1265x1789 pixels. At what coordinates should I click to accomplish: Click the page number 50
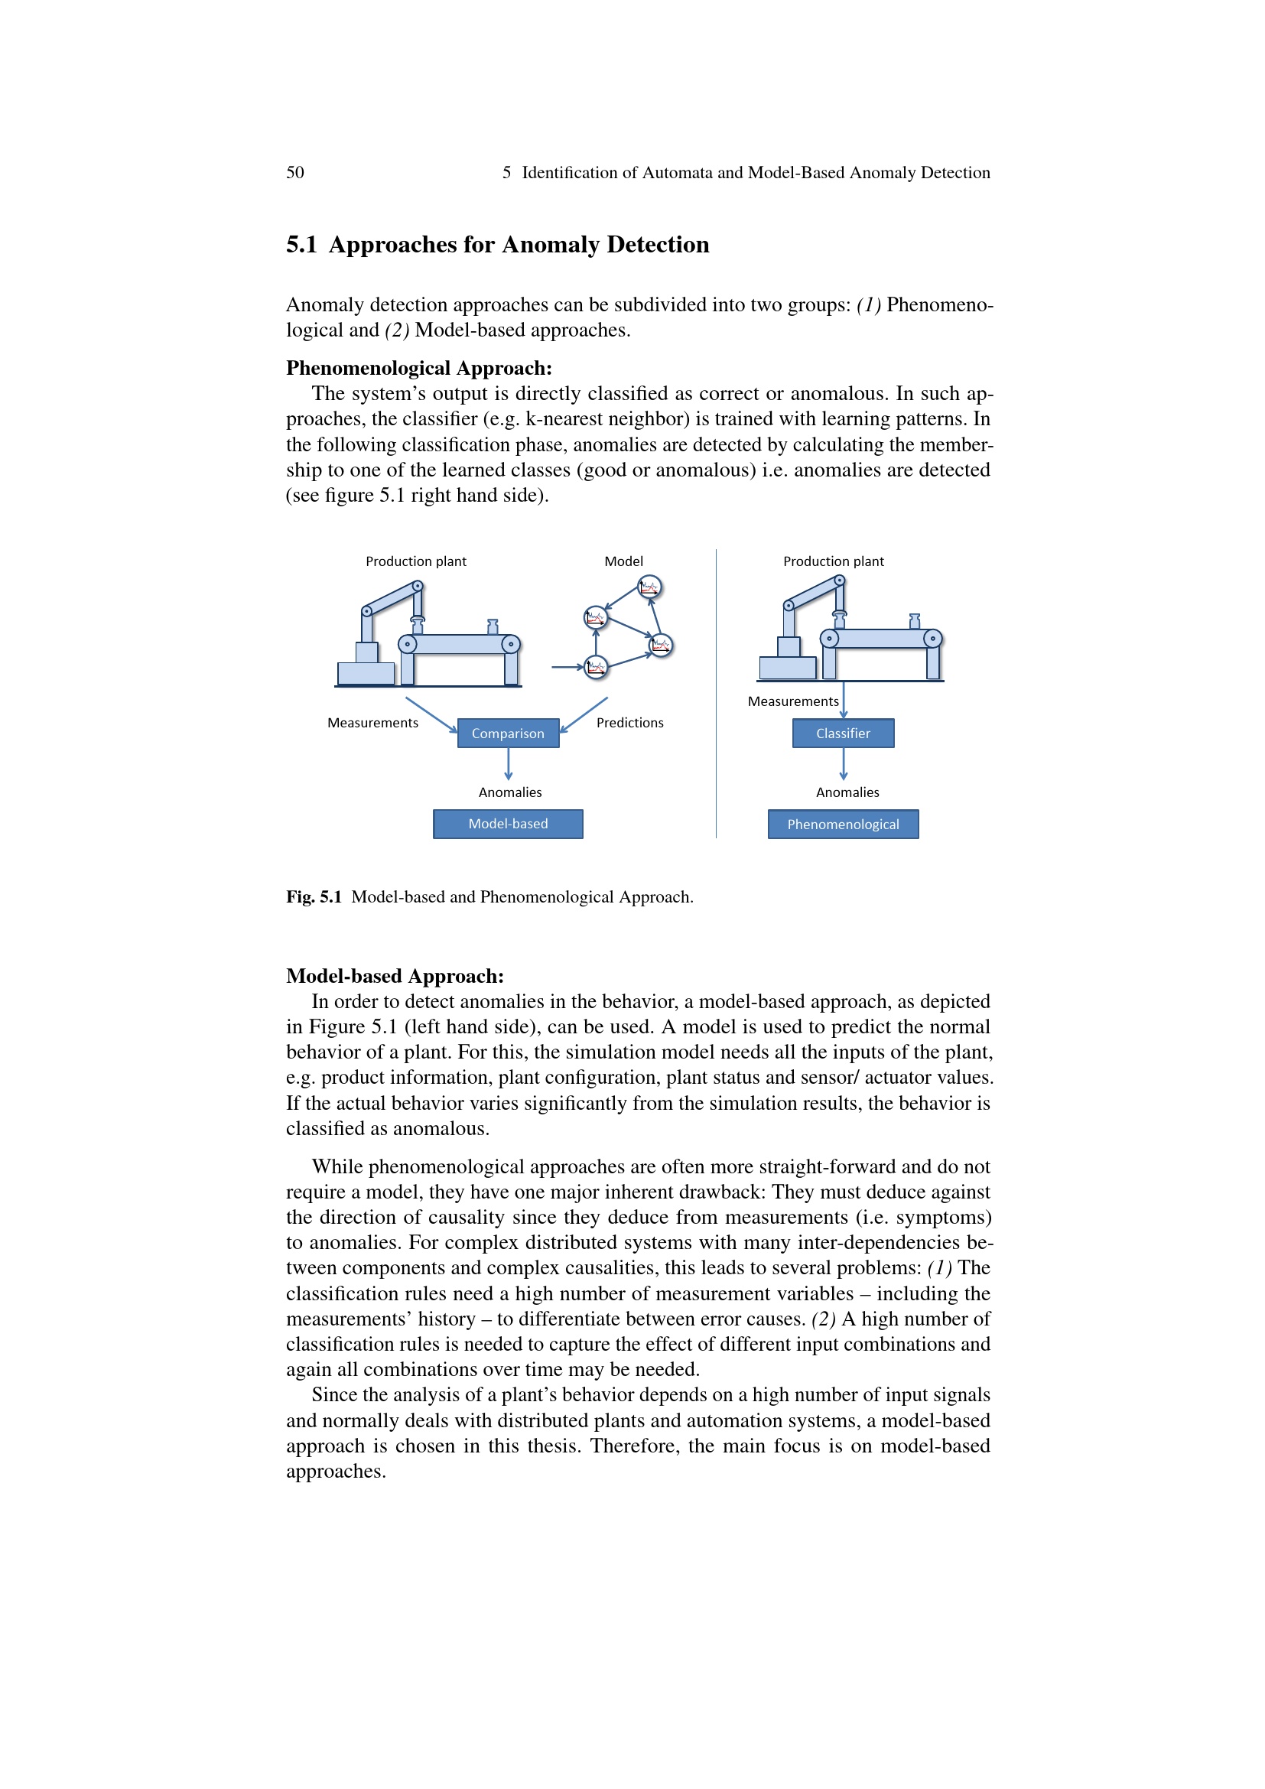[x=295, y=172]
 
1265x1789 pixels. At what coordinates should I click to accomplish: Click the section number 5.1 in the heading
[x=301, y=245]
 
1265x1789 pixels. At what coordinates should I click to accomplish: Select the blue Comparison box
[x=508, y=733]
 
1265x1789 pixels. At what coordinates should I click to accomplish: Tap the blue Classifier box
[x=843, y=733]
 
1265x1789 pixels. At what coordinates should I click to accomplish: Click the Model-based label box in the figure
[x=508, y=824]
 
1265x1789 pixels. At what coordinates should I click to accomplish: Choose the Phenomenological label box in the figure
[x=843, y=825]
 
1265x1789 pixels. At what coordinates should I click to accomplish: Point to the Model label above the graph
[x=623, y=561]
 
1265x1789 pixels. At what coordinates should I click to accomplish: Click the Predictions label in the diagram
[x=629, y=722]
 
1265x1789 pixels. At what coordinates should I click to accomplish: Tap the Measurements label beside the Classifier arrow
[x=793, y=701]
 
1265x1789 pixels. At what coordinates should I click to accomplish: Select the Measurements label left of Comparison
[x=372, y=722]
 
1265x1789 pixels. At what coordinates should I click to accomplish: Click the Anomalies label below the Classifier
[x=847, y=792]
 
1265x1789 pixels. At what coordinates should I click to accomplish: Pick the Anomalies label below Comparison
[x=509, y=792]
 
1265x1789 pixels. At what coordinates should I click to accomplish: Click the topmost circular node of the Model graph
[x=649, y=587]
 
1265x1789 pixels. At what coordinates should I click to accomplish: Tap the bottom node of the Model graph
[x=596, y=667]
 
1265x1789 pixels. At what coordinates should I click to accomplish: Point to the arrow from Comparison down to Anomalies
[x=509, y=763]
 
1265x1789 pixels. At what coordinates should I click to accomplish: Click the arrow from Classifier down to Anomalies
[x=844, y=763]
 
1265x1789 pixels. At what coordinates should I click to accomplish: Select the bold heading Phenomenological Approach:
[x=418, y=368]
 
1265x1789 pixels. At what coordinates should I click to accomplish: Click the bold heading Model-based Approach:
[x=394, y=975]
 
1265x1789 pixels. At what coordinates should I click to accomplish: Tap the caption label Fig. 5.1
[x=313, y=897]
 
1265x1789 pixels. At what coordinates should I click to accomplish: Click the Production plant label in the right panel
[x=833, y=561]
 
